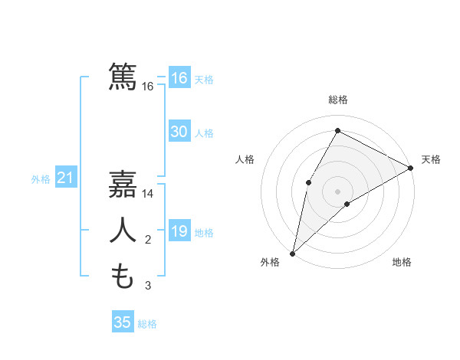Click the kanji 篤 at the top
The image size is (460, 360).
(123, 77)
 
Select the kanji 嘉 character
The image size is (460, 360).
(123, 185)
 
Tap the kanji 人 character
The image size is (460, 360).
(123, 230)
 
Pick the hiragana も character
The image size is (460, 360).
(123, 276)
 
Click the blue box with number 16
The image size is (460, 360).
(179, 78)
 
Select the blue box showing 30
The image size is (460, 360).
(179, 132)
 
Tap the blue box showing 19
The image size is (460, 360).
(179, 231)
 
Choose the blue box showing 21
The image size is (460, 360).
(65, 178)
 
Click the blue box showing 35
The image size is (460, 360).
(122, 322)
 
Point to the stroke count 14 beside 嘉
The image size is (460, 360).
(148, 195)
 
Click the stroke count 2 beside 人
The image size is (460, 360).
(148, 241)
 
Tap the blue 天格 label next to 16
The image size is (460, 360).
(204, 79)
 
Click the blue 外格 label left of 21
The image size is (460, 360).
(41, 179)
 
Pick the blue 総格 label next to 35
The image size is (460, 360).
(147, 323)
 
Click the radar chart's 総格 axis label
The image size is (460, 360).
(337, 100)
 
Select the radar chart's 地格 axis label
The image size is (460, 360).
(402, 263)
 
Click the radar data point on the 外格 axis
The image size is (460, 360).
(292, 253)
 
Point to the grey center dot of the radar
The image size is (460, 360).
(337, 191)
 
